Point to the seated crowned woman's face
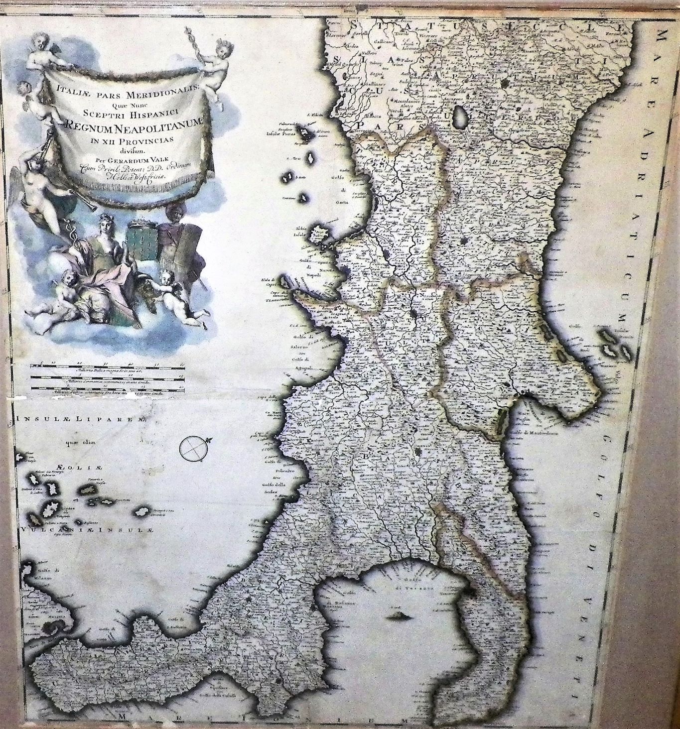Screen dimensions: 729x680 pos(111,222)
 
